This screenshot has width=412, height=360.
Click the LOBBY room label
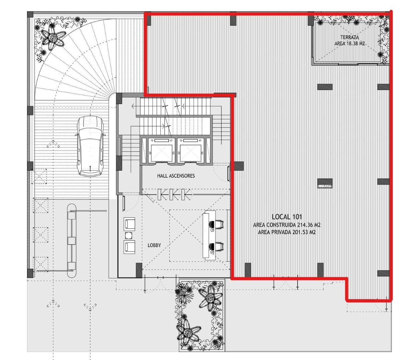[x=154, y=245]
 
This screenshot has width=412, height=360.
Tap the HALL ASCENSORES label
[x=176, y=176]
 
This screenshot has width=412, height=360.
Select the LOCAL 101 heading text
[x=287, y=217]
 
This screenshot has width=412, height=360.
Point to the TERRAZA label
[x=350, y=37]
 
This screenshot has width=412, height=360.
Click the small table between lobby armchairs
[x=129, y=235]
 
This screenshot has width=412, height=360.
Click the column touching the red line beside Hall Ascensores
[x=239, y=166]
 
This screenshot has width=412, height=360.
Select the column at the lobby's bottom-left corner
[x=139, y=270]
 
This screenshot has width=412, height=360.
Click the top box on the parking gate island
[x=72, y=216]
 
